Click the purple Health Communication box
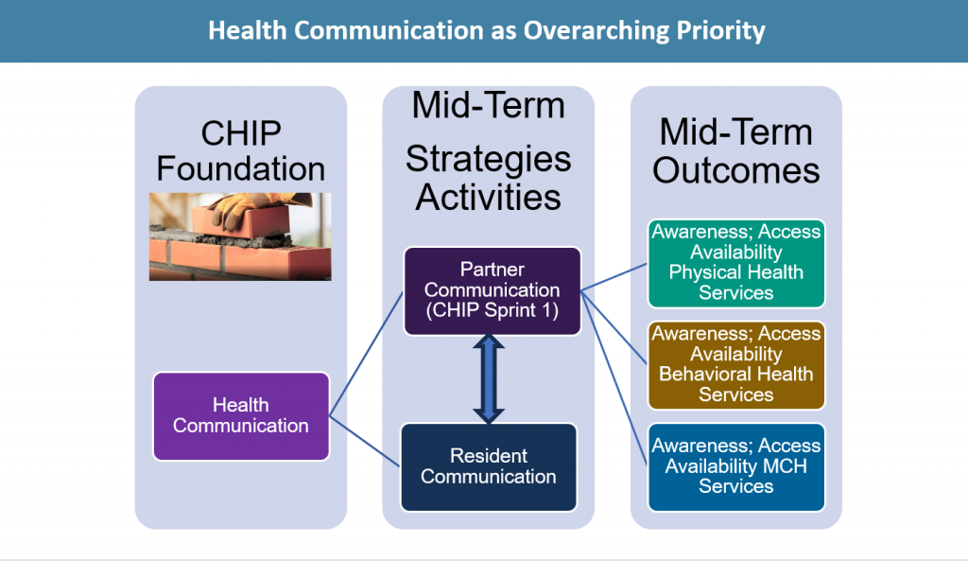pos(241,416)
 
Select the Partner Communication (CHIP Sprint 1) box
pos(492,291)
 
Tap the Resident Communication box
pos(489,467)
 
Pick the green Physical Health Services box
pos(735,263)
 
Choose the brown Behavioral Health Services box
pos(735,365)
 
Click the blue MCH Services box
pos(735,467)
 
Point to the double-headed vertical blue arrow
pos(489,378)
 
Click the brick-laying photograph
pos(240,237)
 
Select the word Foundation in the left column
pos(241,168)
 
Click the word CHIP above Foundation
pos(241,133)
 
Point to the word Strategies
pos(489,160)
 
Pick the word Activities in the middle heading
pos(489,197)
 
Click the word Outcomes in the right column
pos(735,170)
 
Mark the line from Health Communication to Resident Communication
pos(365,441)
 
